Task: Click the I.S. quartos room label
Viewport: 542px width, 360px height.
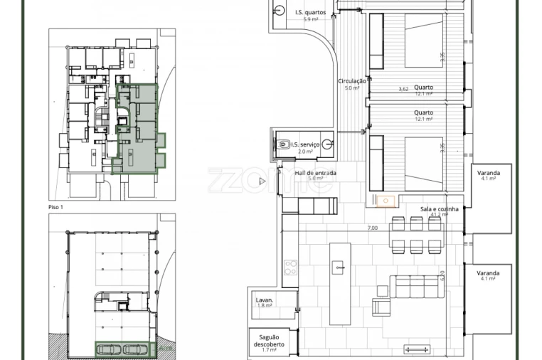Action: (x=310, y=12)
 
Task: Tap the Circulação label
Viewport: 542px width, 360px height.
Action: (x=352, y=81)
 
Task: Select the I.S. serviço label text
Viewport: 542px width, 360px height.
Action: (x=305, y=144)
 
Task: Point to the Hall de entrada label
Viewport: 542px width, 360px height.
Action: (x=316, y=173)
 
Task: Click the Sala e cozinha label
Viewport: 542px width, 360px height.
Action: (x=439, y=208)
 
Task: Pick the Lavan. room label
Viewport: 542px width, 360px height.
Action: (x=265, y=300)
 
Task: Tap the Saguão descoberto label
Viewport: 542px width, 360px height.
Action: (x=268, y=340)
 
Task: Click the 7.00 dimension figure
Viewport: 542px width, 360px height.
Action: (x=372, y=228)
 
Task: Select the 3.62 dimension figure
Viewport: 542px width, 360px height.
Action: (x=403, y=89)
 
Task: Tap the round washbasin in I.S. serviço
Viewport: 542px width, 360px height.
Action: (x=327, y=144)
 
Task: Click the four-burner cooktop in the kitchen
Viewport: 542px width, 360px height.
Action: (x=290, y=267)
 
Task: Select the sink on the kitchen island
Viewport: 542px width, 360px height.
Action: (x=339, y=268)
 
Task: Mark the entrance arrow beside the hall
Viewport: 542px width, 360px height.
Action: (x=262, y=181)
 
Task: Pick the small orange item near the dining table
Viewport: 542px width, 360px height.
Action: (x=386, y=201)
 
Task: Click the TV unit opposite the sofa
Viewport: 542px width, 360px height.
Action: (x=417, y=349)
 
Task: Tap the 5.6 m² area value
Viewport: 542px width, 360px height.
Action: (x=306, y=179)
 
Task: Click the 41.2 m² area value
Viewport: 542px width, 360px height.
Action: (x=439, y=215)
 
